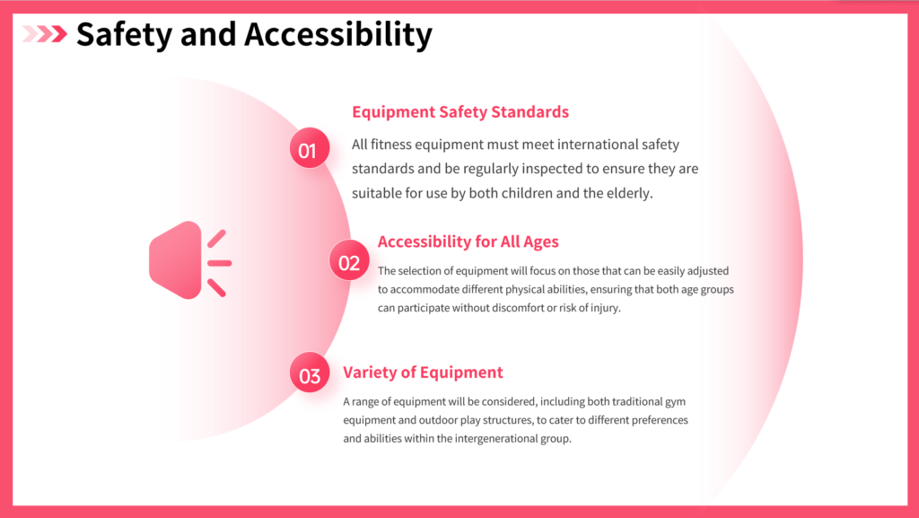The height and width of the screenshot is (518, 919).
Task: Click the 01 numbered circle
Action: (x=310, y=148)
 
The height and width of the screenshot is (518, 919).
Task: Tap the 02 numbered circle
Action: (x=349, y=260)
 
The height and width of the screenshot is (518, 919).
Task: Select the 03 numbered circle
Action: (x=310, y=373)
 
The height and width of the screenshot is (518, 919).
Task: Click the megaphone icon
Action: (x=190, y=260)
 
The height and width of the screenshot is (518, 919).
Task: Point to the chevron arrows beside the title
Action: (x=45, y=34)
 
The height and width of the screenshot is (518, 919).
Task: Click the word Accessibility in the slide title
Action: (x=338, y=35)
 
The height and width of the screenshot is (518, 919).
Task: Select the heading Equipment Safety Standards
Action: (x=460, y=112)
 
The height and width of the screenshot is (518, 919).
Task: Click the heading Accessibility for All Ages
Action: (x=468, y=241)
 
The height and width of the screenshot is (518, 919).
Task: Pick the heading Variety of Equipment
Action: (x=423, y=372)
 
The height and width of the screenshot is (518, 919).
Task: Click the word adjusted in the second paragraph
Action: (x=708, y=271)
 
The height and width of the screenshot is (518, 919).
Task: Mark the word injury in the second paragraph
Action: (x=606, y=308)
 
